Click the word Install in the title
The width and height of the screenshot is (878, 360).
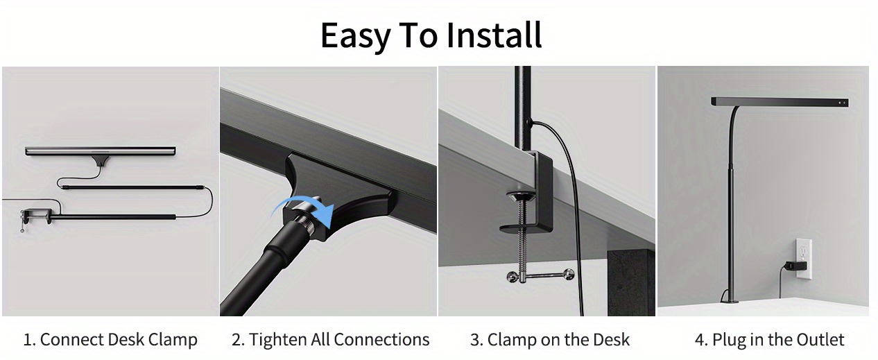tap(494, 35)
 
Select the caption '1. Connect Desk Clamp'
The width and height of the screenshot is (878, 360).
tap(110, 340)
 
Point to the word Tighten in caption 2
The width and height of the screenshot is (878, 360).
tap(278, 340)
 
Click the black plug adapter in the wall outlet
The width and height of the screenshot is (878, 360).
tap(795, 266)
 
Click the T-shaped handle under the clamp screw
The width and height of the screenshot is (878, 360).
tap(540, 275)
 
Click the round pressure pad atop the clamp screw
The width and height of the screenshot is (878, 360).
tap(522, 196)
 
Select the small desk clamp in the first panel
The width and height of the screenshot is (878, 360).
tap(35, 217)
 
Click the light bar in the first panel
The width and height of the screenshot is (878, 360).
tap(101, 151)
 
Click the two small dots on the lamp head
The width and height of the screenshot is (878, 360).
tap(841, 103)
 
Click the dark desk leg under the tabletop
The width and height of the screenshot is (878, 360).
tap(631, 283)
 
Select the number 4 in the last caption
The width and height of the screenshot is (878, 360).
tap(699, 340)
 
